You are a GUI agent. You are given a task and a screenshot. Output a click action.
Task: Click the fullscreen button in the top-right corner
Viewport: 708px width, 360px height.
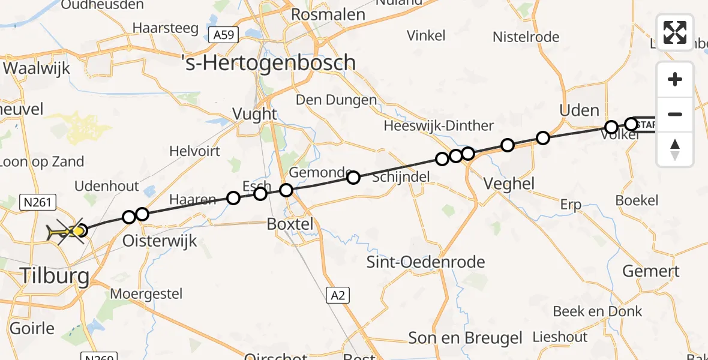pyautogui.click(x=675, y=32)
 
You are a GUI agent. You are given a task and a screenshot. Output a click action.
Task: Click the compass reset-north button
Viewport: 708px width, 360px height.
pyautogui.click(x=675, y=149)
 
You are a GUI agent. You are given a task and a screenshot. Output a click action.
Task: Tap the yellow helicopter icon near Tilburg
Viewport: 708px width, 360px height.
pyautogui.click(x=67, y=232)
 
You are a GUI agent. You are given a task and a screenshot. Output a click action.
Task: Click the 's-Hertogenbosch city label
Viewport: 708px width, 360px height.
pyautogui.click(x=269, y=63)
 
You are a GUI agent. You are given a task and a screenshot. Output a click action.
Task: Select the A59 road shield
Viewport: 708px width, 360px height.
pyautogui.click(x=224, y=36)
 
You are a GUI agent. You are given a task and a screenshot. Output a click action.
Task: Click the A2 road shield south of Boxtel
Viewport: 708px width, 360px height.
pyautogui.click(x=338, y=295)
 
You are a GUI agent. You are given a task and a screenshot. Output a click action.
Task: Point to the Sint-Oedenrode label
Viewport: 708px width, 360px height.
pyautogui.click(x=427, y=262)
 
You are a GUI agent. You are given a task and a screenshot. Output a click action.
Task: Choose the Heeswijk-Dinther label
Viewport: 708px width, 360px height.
pyautogui.click(x=439, y=126)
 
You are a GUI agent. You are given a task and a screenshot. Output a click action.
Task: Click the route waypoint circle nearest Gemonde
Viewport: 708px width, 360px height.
pyautogui.click(x=353, y=178)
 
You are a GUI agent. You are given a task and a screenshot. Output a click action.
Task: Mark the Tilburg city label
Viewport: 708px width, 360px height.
pyautogui.click(x=55, y=277)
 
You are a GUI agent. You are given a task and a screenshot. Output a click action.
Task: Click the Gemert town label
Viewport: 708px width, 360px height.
pyautogui.click(x=650, y=271)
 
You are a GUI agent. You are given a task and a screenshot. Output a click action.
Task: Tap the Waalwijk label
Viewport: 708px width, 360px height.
pyautogui.click(x=37, y=68)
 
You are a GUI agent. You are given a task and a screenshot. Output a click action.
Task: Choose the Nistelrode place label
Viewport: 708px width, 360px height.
pyautogui.click(x=526, y=37)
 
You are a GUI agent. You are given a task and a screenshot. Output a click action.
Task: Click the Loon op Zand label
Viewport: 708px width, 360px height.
pyautogui.click(x=43, y=161)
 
